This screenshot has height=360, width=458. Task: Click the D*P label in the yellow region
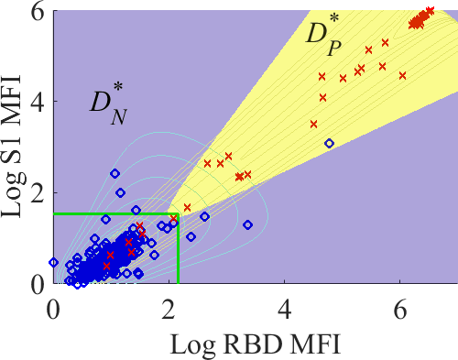[323, 35]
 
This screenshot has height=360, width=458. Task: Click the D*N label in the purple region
[108, 104]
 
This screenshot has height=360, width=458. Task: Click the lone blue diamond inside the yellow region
[329, 143]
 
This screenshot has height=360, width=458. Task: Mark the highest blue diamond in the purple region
[114, 174]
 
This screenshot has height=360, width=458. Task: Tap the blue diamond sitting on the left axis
[54, 262]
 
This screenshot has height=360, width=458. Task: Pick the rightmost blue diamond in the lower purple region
[247, 225]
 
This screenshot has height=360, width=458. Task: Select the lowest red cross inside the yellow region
[187, 208]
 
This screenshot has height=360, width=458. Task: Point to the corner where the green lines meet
[178, 213]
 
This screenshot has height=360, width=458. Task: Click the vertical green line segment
[178, 248]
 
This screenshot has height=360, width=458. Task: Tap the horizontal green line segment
[116, 213]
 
